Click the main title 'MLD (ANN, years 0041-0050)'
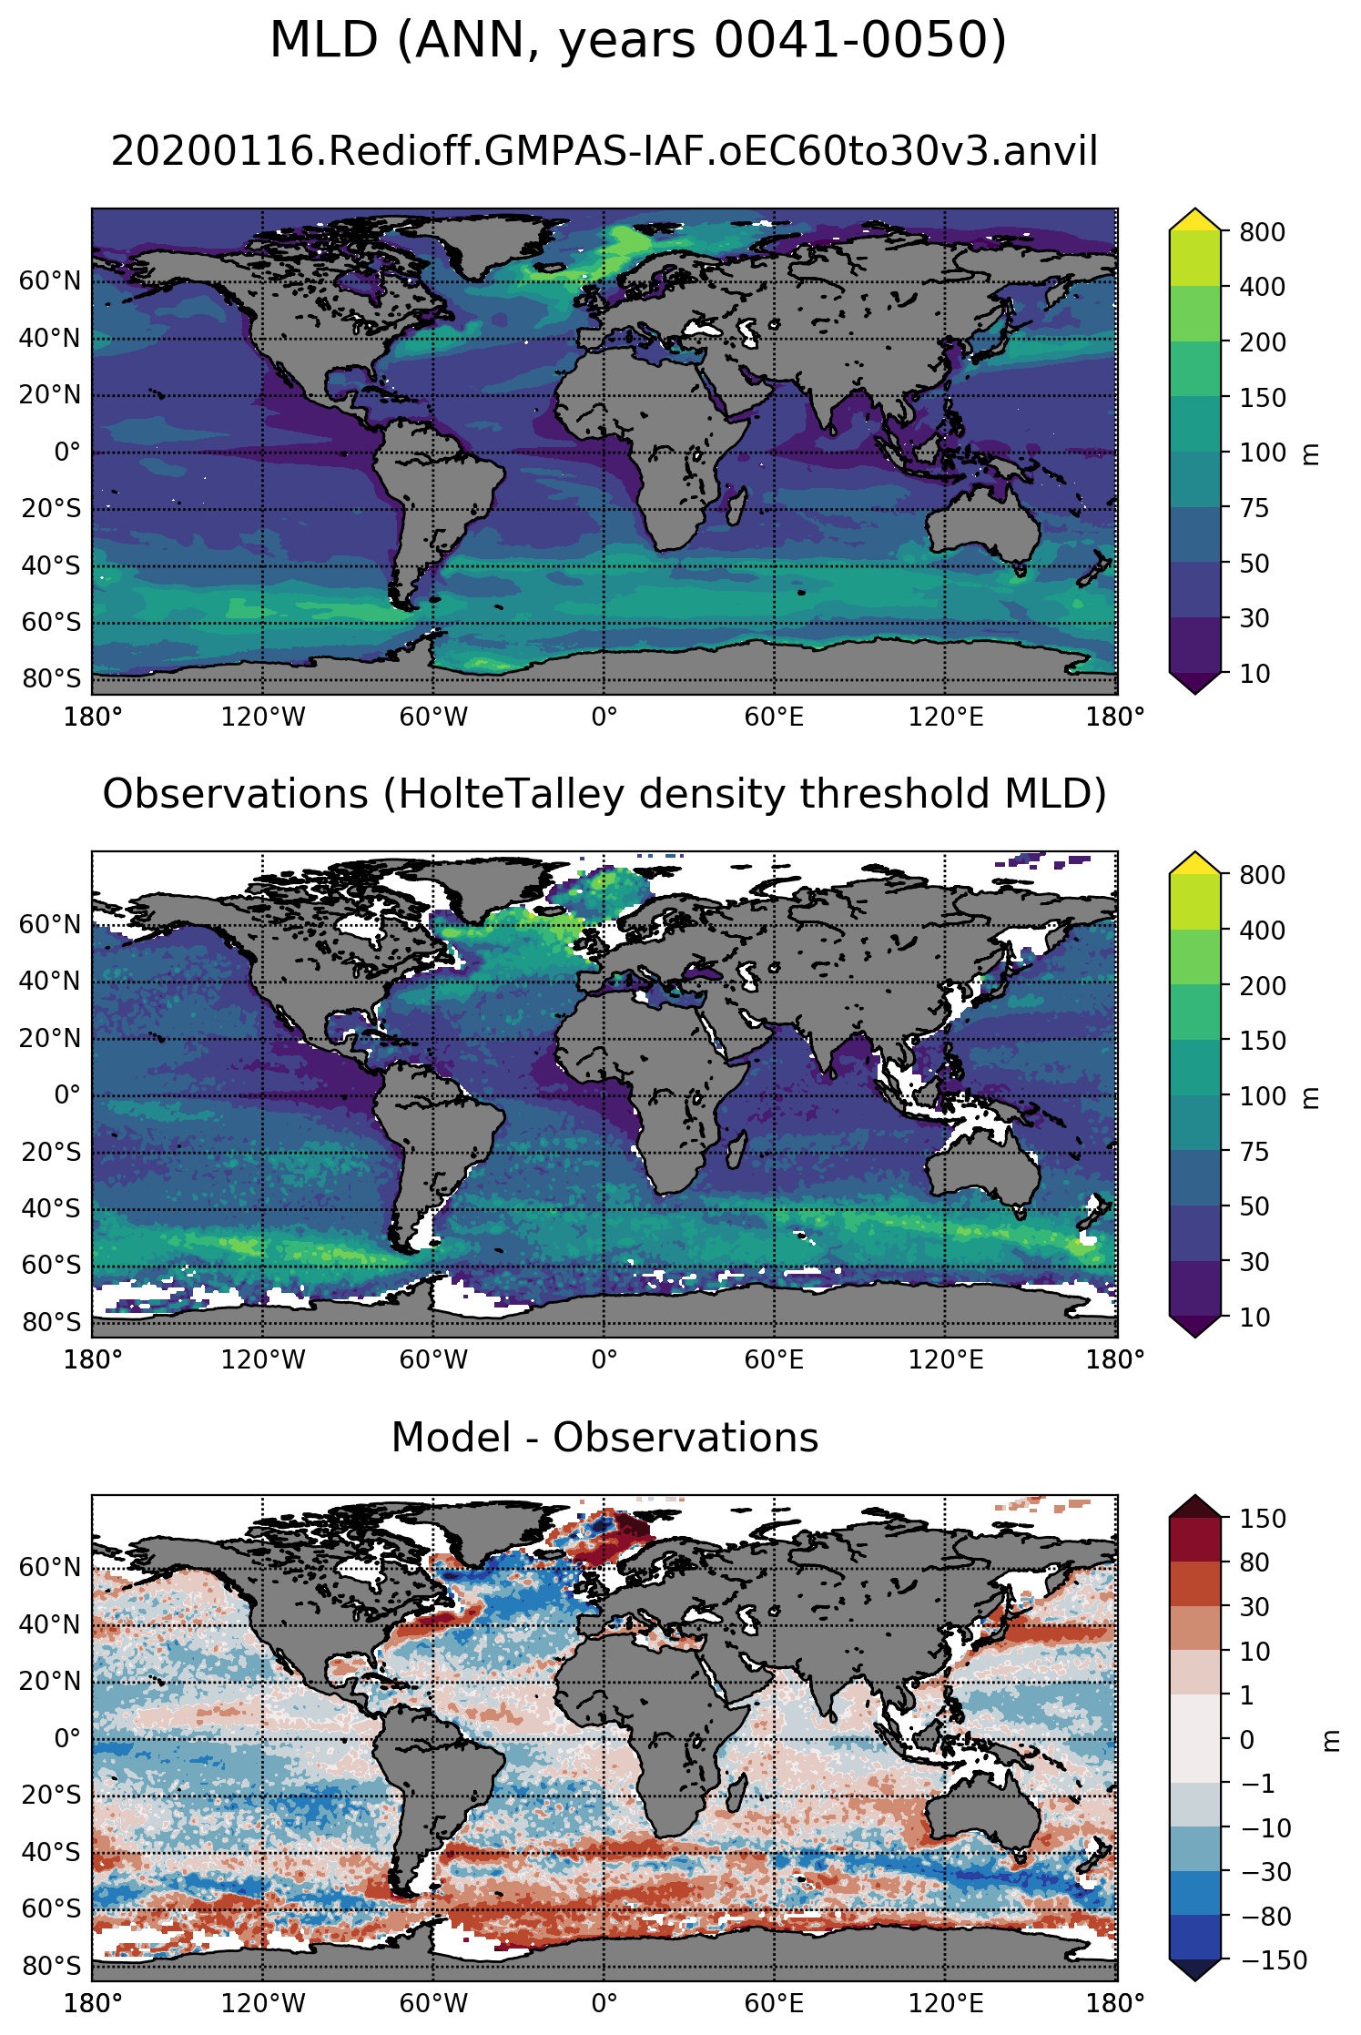pos(637,41)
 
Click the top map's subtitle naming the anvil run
pos(604,151)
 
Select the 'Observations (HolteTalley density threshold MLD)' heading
pos(604,794)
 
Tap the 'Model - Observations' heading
pos(604,1438)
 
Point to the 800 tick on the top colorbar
pos(1263,232)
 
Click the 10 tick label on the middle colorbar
pos(1254,1318)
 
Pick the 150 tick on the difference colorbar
pos(1263,1519)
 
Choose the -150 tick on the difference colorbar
pos(1273,1960)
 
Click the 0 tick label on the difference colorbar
pos(1247,1740)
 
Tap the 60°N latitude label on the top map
pos(50,281)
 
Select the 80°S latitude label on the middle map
pos(51,1322)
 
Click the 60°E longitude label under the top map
pos(774,717)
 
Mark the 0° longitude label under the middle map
pos(604,1360)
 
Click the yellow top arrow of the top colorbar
pos(1194,219)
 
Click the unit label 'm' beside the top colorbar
pos(1312,453)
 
